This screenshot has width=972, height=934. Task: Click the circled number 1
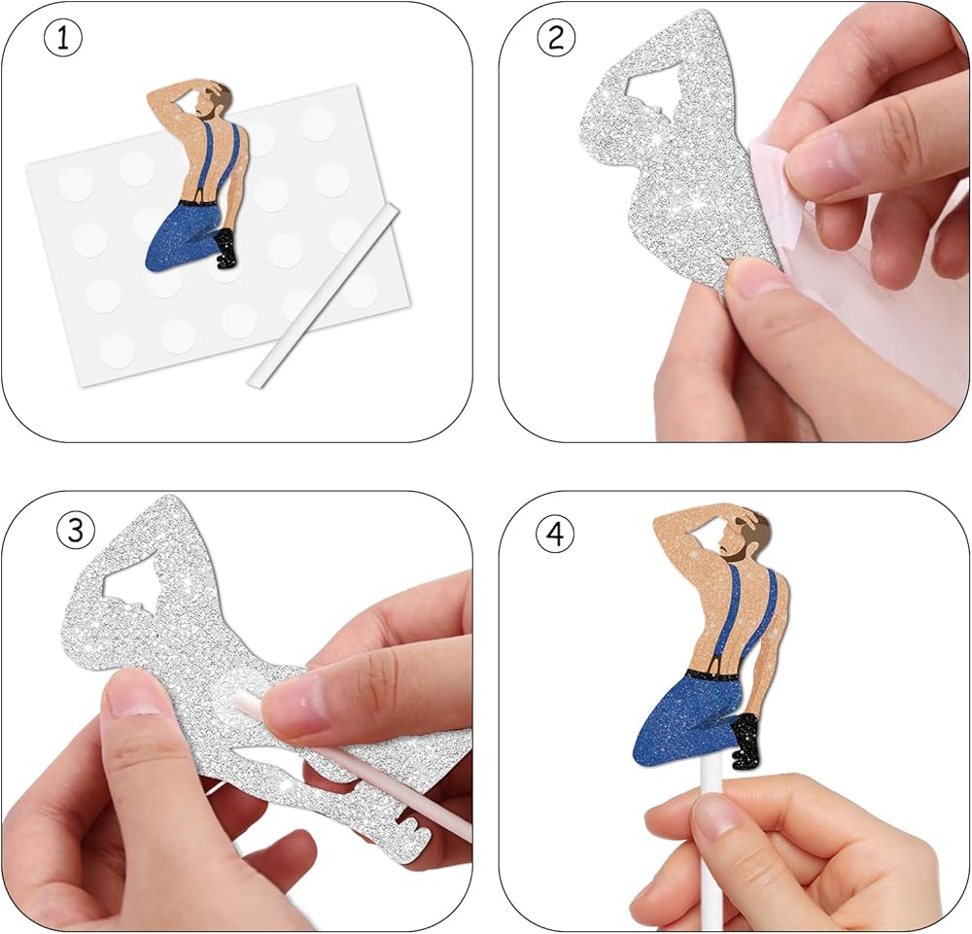[63, 39]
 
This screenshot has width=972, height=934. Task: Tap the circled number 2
[556, 39]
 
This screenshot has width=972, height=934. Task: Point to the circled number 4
[555, 533]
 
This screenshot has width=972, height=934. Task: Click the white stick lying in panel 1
[323, 296]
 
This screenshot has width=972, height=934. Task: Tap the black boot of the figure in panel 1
[226, 249]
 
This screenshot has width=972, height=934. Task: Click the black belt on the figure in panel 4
[712, 675]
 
